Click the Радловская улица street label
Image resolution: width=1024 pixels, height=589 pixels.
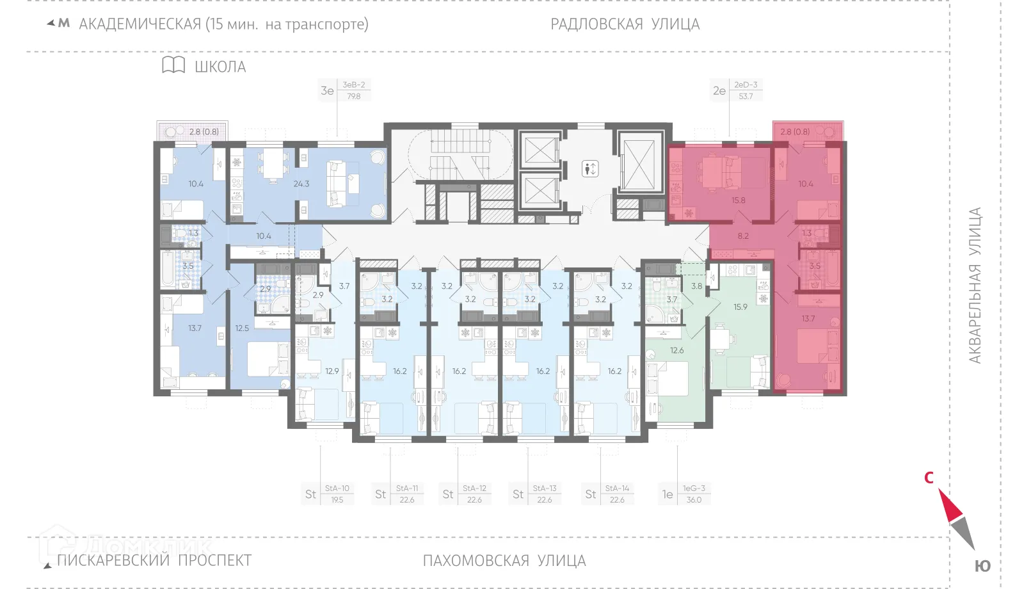tap(625, 24)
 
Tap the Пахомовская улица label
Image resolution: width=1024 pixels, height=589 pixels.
tap(504, 561)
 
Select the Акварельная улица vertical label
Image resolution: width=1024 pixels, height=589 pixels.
tap(974, 286)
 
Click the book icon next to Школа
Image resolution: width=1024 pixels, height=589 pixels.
tap(173, 65)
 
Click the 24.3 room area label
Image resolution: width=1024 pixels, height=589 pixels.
tap(301, 184)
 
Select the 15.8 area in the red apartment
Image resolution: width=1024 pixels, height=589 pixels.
tap(738, 200)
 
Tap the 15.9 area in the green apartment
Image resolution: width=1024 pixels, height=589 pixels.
tap(740, 307)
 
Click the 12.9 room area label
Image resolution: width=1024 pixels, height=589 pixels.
tap(332, 371)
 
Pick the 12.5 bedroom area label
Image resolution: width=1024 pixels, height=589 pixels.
tap(242, 328)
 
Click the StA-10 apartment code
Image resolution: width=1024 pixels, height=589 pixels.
tap(337, 488)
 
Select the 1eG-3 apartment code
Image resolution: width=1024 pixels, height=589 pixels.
tap(693, 488)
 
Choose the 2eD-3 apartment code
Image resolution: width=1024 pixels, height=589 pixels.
tap(745, 85)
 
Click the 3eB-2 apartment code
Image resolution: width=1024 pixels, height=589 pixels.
tap(353, 85)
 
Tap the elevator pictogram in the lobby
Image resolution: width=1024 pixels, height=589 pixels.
tap(590, 169)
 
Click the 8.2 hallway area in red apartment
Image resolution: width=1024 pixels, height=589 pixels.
tap(742, 236)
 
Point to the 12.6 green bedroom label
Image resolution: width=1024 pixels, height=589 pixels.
tap(676, 350)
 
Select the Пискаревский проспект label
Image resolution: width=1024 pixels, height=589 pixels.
tap(154, 561)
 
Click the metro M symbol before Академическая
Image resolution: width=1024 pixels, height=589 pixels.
tap(64, 24)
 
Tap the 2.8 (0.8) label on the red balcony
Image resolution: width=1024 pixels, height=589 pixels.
tap(795, 132)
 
